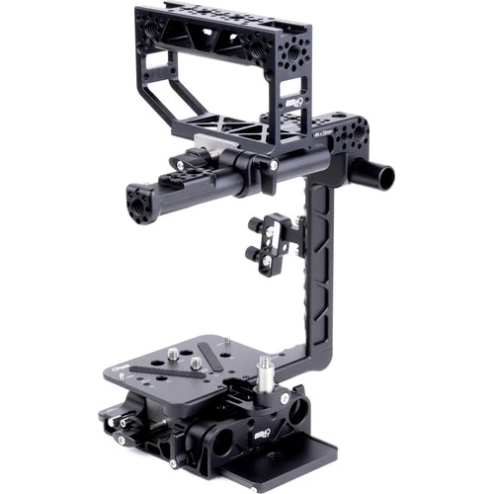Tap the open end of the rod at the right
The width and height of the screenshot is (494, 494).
[384, 178]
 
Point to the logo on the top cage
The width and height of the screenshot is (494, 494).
[292, 105]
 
